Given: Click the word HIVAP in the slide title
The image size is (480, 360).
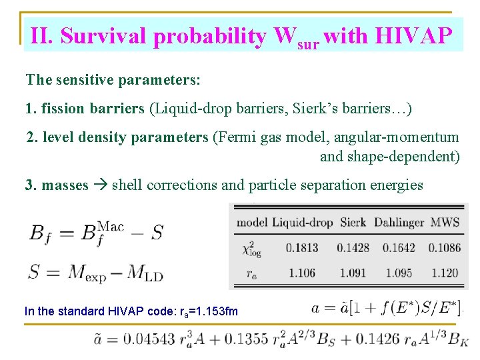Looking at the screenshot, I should point(417,36).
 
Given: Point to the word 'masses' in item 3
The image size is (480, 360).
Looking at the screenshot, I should point(65,185).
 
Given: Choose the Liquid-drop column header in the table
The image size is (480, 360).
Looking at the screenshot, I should point(302,222).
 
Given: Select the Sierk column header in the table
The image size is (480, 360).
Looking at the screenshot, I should point(353,222).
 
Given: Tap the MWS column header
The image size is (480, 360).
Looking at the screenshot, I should point(445,222).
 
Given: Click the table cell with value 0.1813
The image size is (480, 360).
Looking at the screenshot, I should point(302,247).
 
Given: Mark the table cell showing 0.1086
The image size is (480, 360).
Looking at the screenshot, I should point(444,247).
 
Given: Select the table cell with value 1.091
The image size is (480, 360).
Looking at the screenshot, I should point(353,273).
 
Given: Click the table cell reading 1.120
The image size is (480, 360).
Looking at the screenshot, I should point(445,273).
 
